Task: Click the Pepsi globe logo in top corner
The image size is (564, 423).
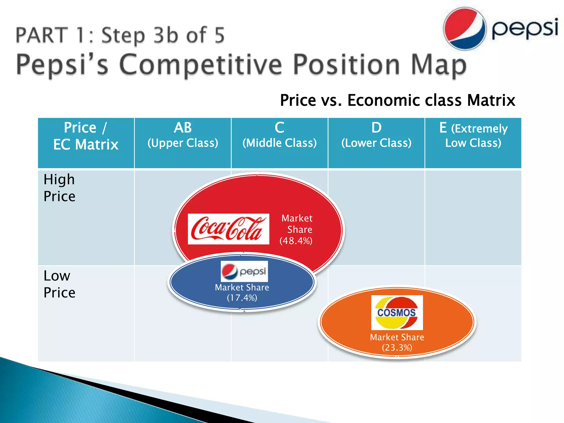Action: coord(464,28)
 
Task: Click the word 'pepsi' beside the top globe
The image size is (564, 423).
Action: coord(525,28)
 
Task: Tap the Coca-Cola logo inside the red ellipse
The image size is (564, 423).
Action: coord(228,229)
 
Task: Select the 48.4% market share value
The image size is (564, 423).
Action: coord(296,241)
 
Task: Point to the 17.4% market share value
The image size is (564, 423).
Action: coord(242,298)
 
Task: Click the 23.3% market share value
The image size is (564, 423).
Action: coord(397,348)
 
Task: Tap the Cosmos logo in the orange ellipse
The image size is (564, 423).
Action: coord(397,313)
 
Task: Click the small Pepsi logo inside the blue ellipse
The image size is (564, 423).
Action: coord(244,271)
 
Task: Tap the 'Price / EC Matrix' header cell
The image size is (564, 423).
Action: coord(86,136)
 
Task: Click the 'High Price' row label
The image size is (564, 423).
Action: coord(59,188)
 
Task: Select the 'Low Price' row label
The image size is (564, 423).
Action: coord(59,284)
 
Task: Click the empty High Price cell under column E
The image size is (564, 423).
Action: coord(473,218)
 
